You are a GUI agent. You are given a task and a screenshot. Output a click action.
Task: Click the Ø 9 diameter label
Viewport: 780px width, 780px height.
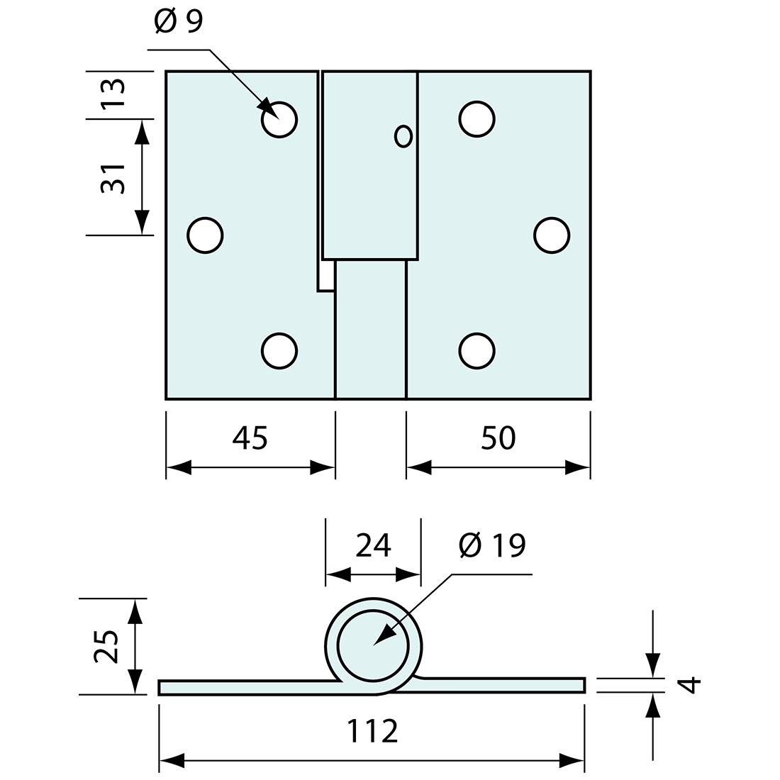coord(178,23)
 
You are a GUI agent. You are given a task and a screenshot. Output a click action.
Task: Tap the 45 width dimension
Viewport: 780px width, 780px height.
coord(250,439)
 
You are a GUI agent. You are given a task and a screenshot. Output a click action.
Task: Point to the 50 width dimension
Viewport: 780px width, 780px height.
coord(498,439)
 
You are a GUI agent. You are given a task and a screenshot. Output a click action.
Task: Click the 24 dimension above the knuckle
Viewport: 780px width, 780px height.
coord(373,545)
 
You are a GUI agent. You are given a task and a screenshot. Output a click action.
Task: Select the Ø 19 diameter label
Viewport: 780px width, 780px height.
coord(492,545)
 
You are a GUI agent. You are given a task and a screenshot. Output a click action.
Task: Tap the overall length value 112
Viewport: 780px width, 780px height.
coord(372,731)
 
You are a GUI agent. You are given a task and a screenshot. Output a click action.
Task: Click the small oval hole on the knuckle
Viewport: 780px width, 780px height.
coord(403,136)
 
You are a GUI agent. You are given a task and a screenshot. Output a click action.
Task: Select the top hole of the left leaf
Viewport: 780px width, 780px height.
coord(279,119)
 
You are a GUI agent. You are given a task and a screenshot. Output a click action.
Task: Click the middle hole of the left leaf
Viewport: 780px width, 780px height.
coord(205,235)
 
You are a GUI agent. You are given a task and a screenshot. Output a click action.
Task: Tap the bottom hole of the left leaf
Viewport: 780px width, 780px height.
coord(279,350)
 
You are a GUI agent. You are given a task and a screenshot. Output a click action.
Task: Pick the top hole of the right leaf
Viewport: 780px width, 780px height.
coord(477,119)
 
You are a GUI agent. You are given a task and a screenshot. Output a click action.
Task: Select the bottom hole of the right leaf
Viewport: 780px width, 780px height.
coord(477,350)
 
